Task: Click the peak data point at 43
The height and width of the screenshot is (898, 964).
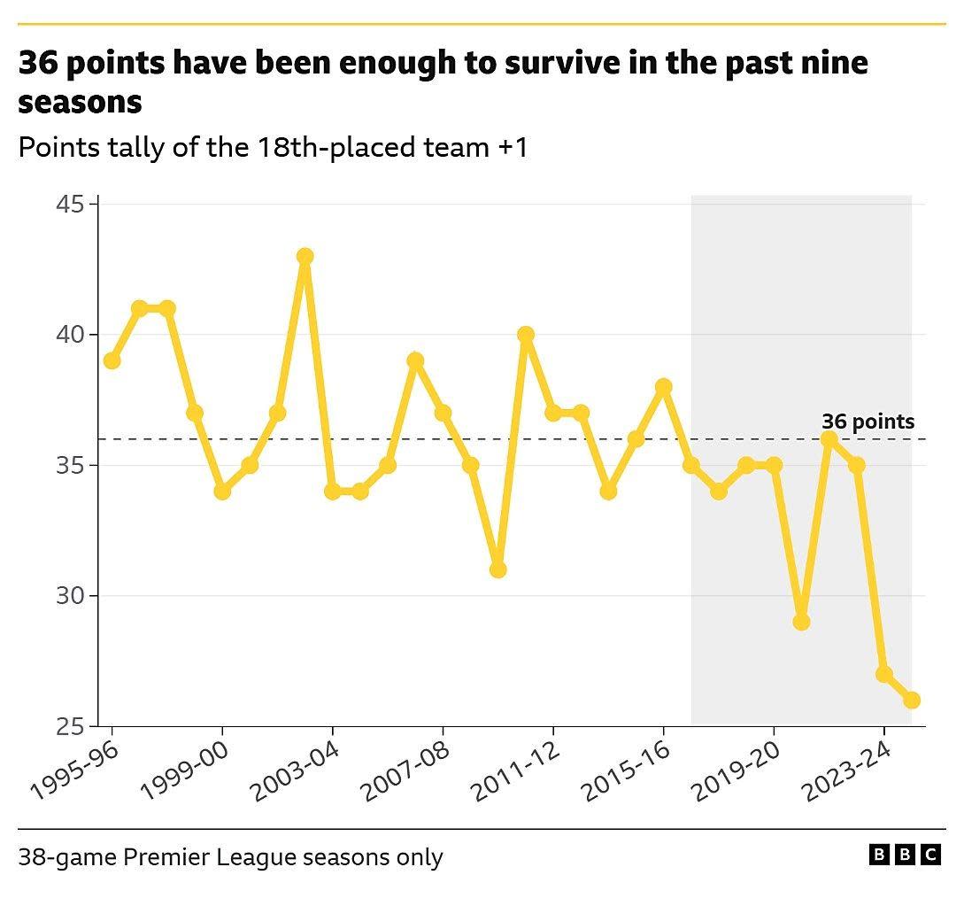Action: pyautogui.click(x=305, y=257)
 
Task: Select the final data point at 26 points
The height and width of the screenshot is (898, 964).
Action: pyautogui.click(x=912, y=700)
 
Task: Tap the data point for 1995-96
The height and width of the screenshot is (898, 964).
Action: pyautogui.click(x=112, y=360)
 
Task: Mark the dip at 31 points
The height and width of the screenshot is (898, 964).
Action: pyautogui.click(x=497, y=569)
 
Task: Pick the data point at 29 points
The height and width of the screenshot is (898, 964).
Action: pyautogui.click(x=801, y=622)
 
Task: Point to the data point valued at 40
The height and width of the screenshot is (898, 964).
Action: pyautogui.click(x=526, y=335)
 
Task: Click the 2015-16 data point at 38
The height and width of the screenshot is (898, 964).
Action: pyautogui.click(x=664, y=387)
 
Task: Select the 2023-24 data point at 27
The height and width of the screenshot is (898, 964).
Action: pyautogui.click(x=884, y=674)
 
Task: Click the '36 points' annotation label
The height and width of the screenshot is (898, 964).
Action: pyautogui.click(x=868, y=422)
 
